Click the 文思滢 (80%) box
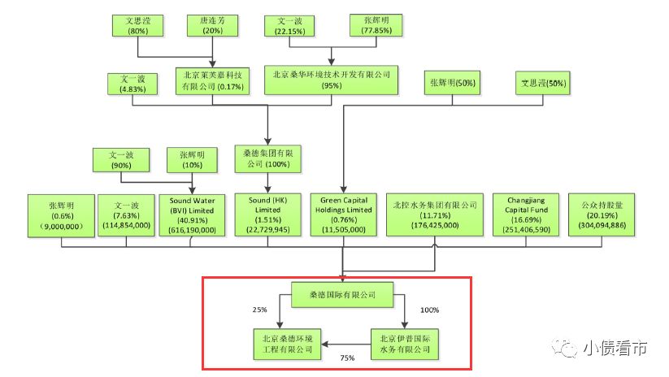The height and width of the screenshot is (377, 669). (x=137, y=25)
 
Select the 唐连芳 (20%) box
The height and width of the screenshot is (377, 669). (x=212, y=25)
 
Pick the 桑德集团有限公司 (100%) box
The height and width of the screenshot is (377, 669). (x=267, y=158)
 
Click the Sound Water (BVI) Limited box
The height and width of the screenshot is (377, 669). (x=193, y=214)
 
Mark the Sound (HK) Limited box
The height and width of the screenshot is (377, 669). (x=267, y=214)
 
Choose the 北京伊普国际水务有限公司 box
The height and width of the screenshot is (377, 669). (x=404, y=344)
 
